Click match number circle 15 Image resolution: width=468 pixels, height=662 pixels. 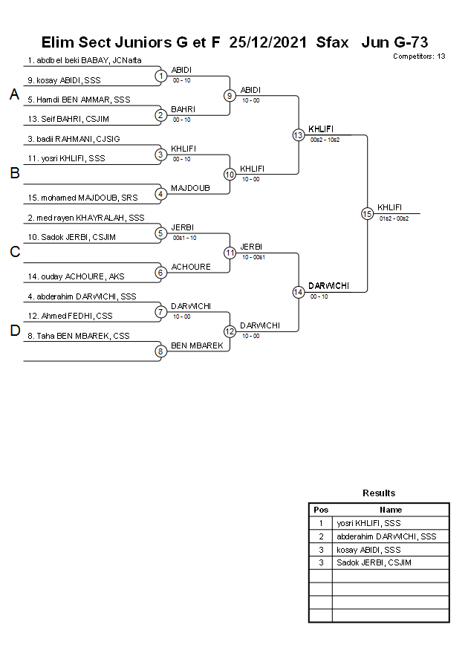(367, 213)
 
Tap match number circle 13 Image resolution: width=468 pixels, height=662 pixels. (298, 135)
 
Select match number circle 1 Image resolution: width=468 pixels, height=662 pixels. (160, 76)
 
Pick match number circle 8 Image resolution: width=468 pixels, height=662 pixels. (160, 351)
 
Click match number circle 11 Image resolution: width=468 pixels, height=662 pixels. (230, 253)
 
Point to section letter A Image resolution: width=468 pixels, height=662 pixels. (14, 95)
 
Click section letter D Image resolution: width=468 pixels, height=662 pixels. (14, 331)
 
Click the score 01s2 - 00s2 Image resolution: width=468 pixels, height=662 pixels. (394, 218)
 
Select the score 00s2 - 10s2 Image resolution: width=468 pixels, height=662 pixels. (325, 140)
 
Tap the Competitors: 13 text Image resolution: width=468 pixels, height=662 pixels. (419, 56)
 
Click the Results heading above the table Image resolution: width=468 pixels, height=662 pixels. (379, 493)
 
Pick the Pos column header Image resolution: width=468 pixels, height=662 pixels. (321, 510)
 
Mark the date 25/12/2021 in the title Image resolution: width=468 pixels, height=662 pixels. (268, 42)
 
